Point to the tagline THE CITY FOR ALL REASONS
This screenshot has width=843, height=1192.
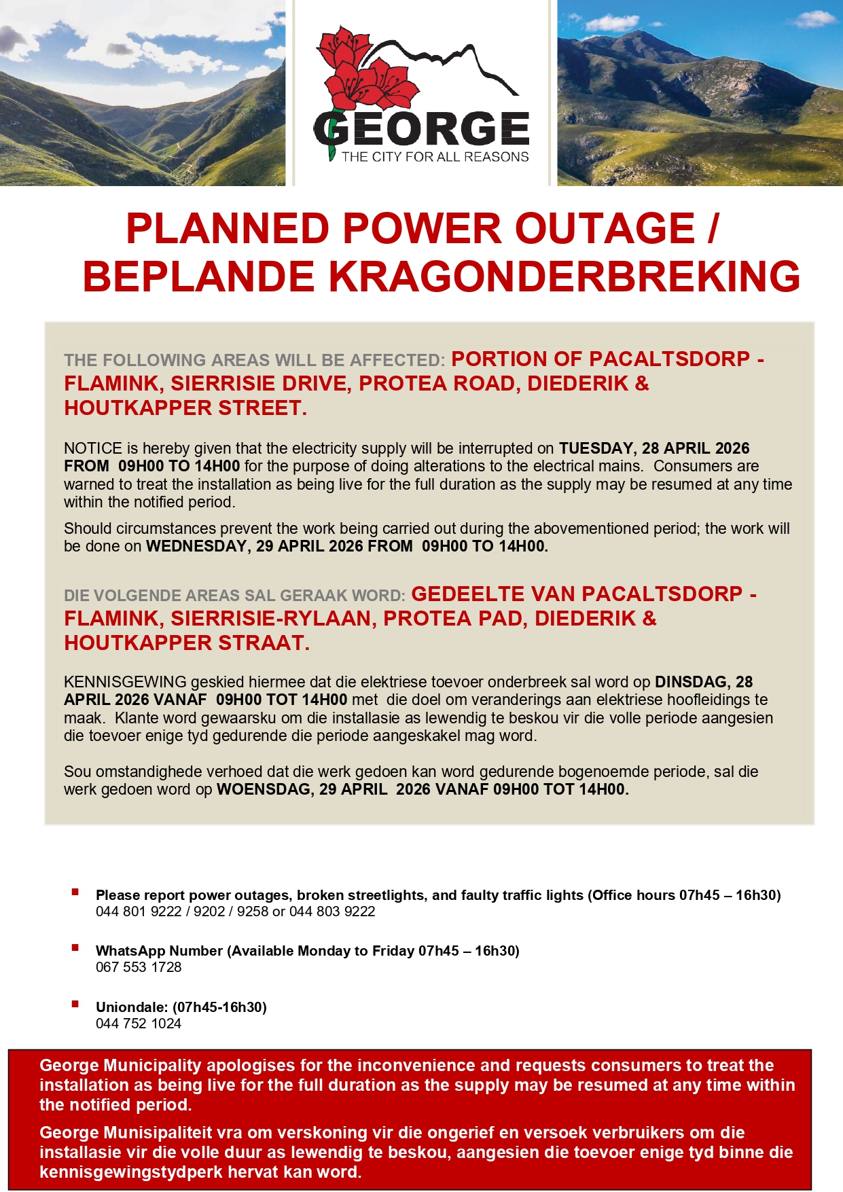tap(435, 157)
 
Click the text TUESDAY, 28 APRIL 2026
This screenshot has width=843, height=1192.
tap(654, 448)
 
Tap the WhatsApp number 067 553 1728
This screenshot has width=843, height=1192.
tap(139, 967)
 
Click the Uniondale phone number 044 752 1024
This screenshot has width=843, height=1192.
tap(139, 1024)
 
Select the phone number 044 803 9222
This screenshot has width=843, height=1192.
tap(332, 911)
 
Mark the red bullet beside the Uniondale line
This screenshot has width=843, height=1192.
tap(75, 1004)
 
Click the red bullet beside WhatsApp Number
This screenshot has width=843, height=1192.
tap(75, 947)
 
